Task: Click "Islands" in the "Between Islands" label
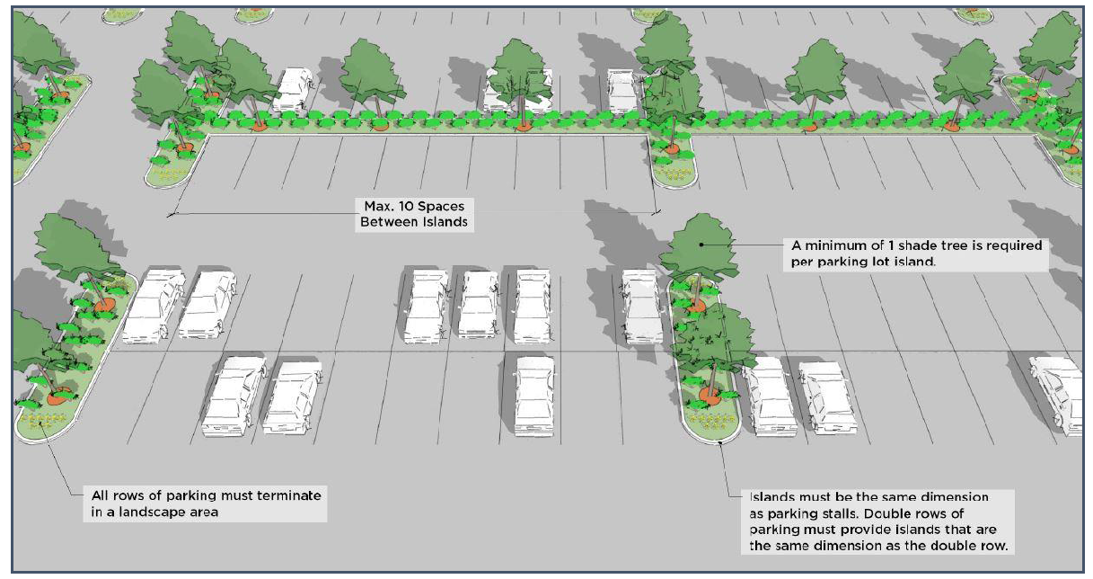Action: tap(445, 220)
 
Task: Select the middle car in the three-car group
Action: tap(479, 303)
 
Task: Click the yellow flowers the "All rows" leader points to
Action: tap(38, 420)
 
